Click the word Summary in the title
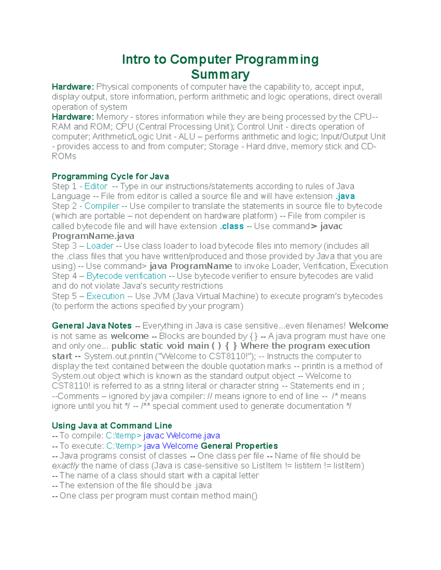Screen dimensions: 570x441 point(220,75)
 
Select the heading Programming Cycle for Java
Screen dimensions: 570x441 point(110,177)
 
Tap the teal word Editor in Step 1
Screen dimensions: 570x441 point(96,186)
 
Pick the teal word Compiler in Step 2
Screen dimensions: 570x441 point(102,206)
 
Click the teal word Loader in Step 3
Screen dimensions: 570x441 point(100,246)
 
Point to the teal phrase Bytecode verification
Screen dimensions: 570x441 point(126,276)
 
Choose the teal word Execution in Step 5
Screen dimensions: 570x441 point(105,296)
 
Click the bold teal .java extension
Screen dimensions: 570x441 point(345,196)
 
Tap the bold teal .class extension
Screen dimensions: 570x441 point(232,226)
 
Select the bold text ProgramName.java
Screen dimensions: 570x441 point(93,236)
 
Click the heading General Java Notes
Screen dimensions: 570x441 point(92,326)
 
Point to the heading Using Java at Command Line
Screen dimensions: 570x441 point(112,426)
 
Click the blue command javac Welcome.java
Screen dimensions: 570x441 point(182,436)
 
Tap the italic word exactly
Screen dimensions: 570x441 point(65,466)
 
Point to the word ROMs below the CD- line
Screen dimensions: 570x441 point(64,156)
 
